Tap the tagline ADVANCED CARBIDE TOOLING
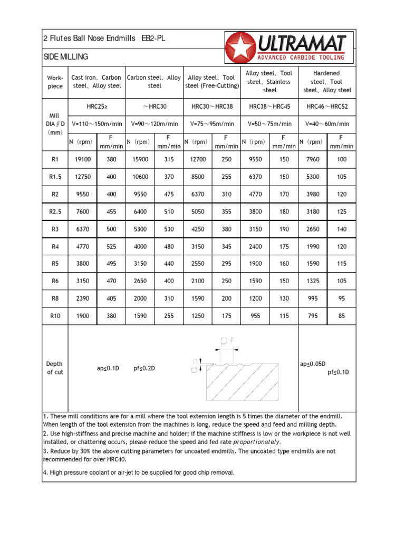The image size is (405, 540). click(x=301, y=57)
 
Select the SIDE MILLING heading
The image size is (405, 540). click(x=65, y=56)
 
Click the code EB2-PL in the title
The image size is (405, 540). click(x=153, y=38)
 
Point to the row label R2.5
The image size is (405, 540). click(x=55, y=211)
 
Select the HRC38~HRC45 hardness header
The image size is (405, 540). click(x=269, y=107)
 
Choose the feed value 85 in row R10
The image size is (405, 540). click(x=342, y=315)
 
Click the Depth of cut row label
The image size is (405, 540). click(x=54, y=368)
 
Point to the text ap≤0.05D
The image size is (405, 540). click(x=313, y=364)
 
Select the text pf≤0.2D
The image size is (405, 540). click(x=144, y=369)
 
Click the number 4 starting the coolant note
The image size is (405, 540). click(x=44, y=472)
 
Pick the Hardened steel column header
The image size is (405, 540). click(x=327, y=81)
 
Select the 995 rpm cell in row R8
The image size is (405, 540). click(x=313, y=298)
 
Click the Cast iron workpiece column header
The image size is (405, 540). click(x=96, y=81)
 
